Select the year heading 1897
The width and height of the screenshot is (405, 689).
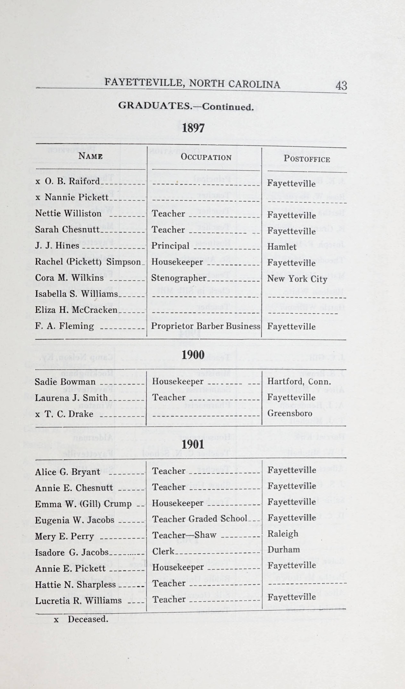click(193, 128)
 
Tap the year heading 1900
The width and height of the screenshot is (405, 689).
click(193, 355)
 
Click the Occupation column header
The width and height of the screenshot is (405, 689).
click(206, 157)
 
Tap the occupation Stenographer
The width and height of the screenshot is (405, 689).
click(179, 278)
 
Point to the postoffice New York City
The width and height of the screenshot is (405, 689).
click(297, 279)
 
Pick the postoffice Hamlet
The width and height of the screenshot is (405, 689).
click(282, 247)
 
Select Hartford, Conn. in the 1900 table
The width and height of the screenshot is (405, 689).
click(299, 381)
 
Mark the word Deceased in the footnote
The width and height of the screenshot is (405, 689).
click(88, 619)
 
